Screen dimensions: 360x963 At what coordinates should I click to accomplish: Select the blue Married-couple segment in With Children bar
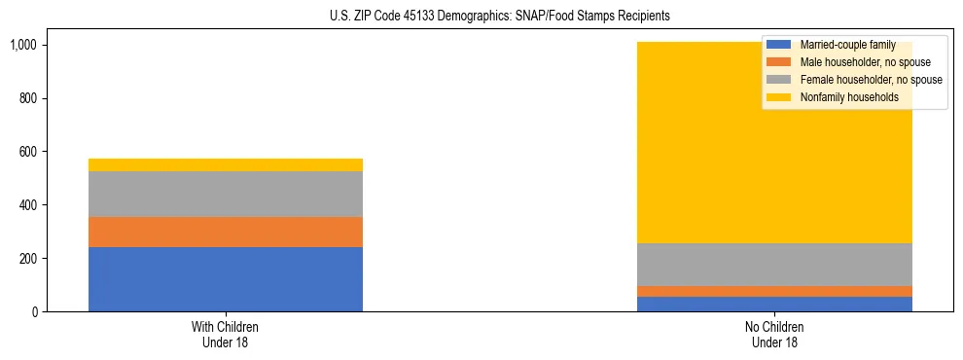(x=226, y=279)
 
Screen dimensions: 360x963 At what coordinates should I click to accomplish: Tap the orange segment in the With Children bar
(x=226, y=232)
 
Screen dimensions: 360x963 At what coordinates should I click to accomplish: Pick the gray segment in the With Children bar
(x=226, y=194)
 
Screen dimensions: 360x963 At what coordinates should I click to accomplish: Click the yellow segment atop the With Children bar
(x=226, y=164)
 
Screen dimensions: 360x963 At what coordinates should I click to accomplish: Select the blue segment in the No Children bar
(x=775, y=304)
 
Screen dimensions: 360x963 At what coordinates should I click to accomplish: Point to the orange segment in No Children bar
(x=775, y=291)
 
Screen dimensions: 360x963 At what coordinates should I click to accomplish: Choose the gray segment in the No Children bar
(x=775, y=265)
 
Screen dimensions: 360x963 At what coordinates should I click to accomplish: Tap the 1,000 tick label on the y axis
(x=23, y=45)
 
